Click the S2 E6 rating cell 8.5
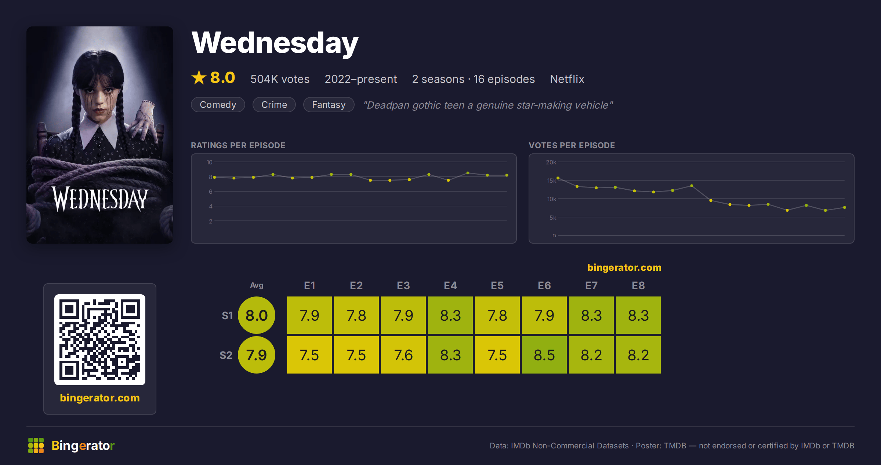(544, 355)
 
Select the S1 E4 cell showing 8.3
(450, 315)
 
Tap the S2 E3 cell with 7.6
(403, 355)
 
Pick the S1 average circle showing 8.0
(257, 315)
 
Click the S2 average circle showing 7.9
(257, 355)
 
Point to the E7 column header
(591, 285)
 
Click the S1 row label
(227, 316)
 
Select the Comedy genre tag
(218, 105)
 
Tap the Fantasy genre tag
(329, 105)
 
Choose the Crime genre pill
(274, 105)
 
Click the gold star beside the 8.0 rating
(199, 77)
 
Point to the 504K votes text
(280, 79)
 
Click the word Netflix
(567, 79)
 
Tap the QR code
(100, 339)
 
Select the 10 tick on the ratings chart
(209, 162)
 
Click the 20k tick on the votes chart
(551, 162)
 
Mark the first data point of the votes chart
(558, 178)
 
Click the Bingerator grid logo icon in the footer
(36, 445)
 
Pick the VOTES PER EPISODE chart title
(572, 145)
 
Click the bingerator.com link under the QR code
(100, 398)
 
